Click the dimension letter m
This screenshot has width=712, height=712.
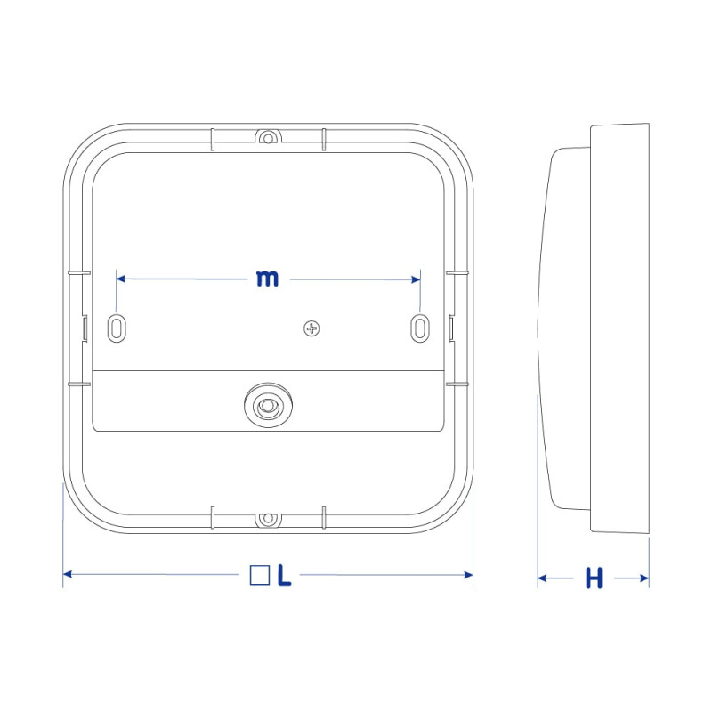pyautogui.click(x=267, y=279)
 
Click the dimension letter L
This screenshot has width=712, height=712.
pyautogui.click(x=284, y=575)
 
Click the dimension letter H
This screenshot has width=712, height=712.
pyautogui.click(x=594, y=578)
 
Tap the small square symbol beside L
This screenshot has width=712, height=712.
pyautogui.click(x=260, y=575)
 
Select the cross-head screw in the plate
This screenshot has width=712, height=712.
pyautogui.click(x=311, y=328)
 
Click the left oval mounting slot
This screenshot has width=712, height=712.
pyautogui.click(x=117, y=328)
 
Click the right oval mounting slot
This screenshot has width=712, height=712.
pyautogui.click(x=420, y=328)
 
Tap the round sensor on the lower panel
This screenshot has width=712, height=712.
pyautogui.click(x=268, y=405)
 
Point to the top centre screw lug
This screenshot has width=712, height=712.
pyautogui.click(x=268, y=137)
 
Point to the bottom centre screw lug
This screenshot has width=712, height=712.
pyautogui.click(x=268, y=518)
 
